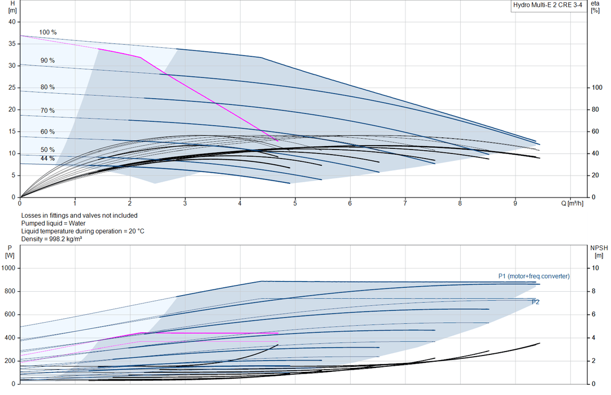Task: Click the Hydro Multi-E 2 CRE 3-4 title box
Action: pyautogui.click(x=548, y=6)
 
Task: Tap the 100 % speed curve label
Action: pyautogui.click(x=48, y=32)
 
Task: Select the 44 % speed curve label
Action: pyautogui.click(x=47, y=159)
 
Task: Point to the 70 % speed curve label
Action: pyautogui.click(x=47, y=111)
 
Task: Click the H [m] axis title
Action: pyautogui.click(x=12, y=7)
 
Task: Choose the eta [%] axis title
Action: pyautogui.click(x=595, y=7)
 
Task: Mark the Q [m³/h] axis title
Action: pyautogui.click(x=573, y=203)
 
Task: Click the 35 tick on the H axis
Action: pyautogui.click(x=12, y=43)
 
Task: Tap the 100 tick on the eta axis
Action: pyautogui.click(x=597, y=87)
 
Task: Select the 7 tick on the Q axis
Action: pyautogui.click(x=405, y=203)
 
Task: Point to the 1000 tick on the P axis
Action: pyautogui.click(x=8, y=268)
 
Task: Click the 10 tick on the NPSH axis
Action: pyautogui.click(x=595, y=268)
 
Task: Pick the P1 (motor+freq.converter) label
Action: pyautogui.click(x=534, y=276)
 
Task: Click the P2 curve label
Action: pyautogui.click(x=536, y=302)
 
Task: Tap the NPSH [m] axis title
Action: pyautogui.click(x=599, y=252)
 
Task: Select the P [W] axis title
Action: pyautogui.click(x=10, y=252)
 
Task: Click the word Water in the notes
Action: pyautogui.click(x=77, y=223)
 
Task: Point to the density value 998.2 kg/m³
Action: pyautogui.click(x=66, y=239)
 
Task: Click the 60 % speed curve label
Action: pyautogui.click(x=47, y=131)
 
